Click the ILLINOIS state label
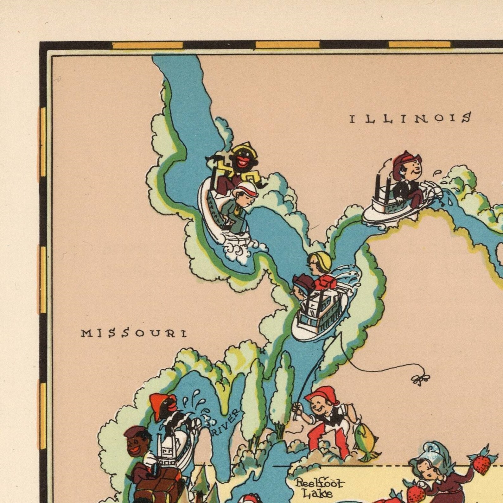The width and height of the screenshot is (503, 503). pyautogui.click(x=410, y=119)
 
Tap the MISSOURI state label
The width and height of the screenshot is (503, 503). pyautogui.click(x=134, y=333)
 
